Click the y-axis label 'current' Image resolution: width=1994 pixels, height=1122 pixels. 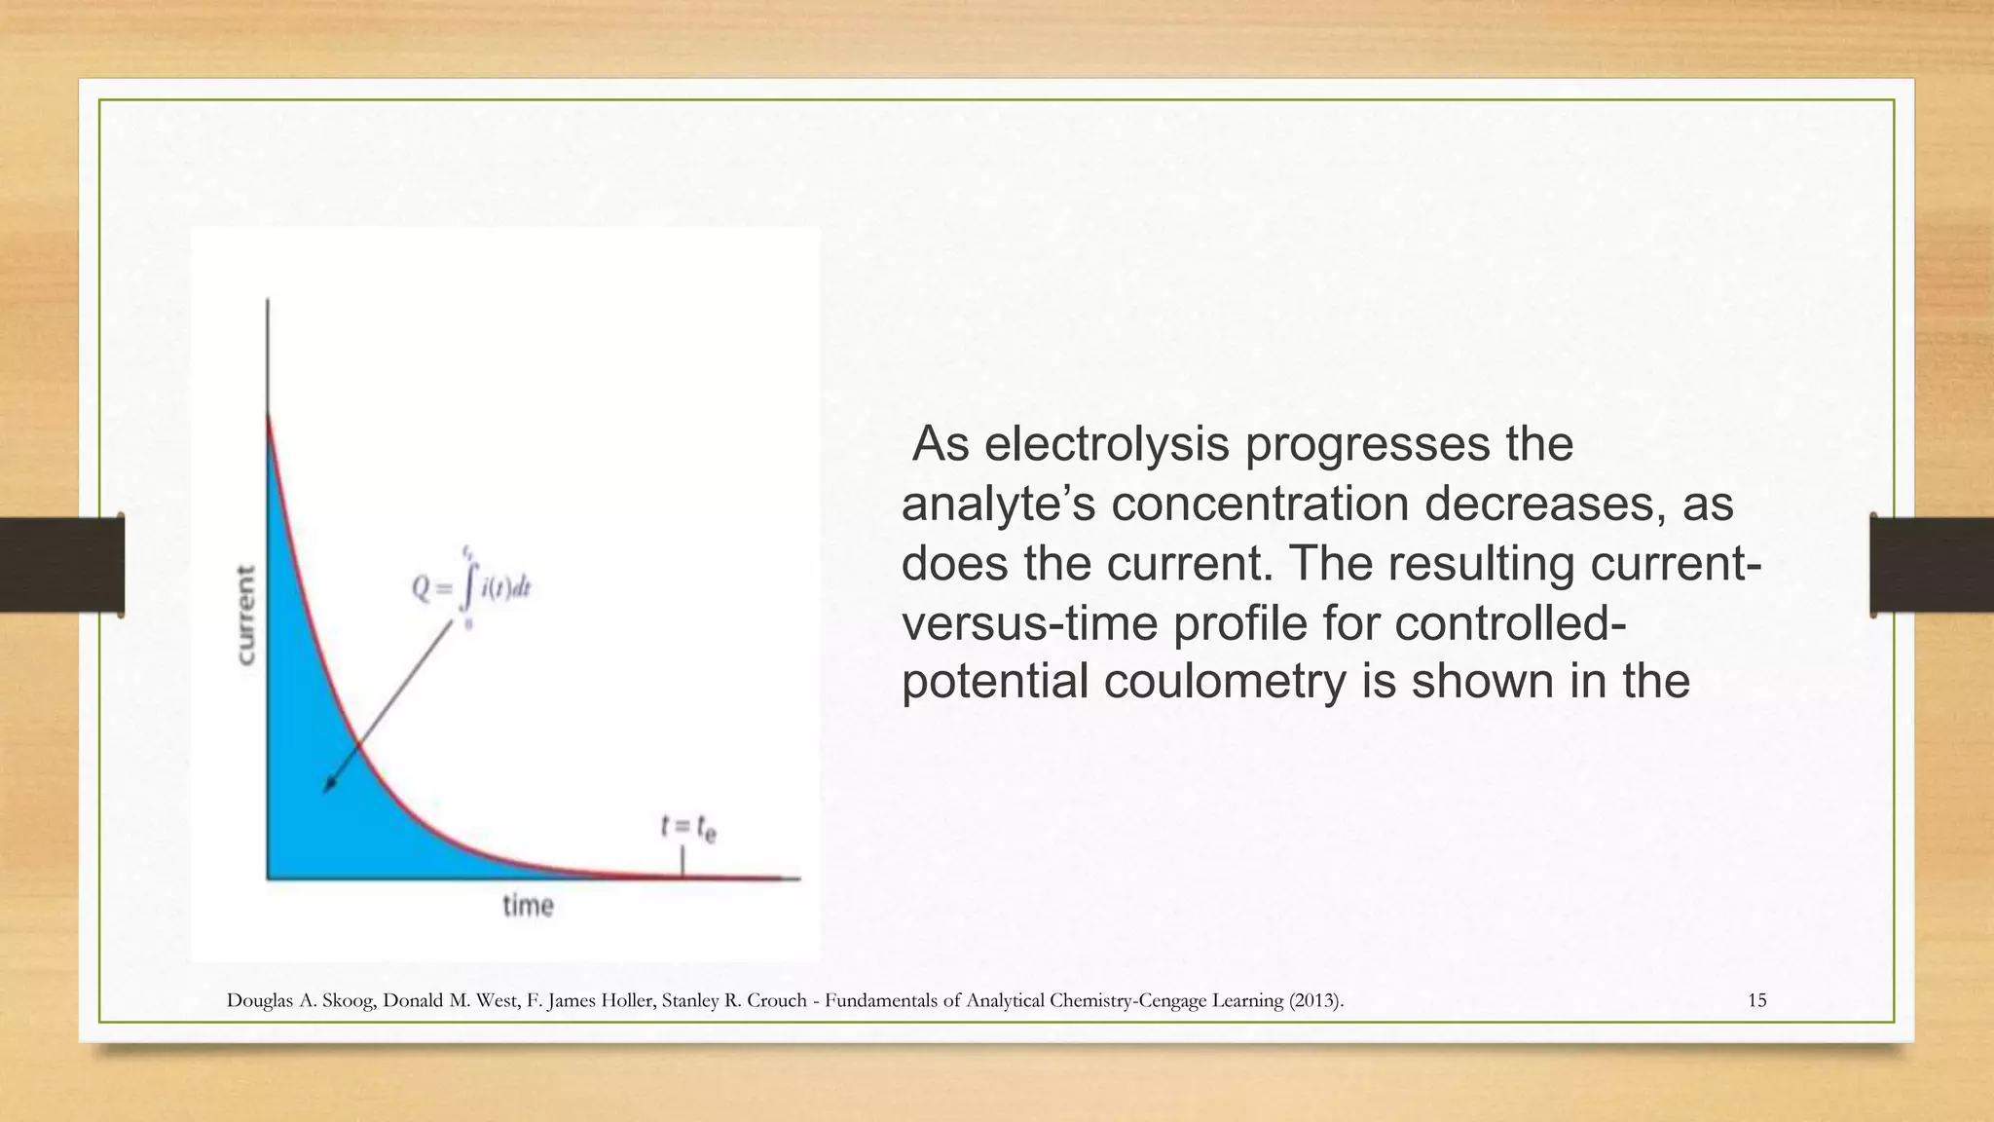(246, 615)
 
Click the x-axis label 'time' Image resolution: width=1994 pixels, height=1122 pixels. (528, 906)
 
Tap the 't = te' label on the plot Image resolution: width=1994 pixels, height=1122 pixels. (688, 827)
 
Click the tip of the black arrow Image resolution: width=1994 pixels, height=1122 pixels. (326, 791)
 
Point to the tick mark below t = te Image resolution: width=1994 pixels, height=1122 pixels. (683, 862)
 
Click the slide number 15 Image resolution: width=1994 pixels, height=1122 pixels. (1756, 1000)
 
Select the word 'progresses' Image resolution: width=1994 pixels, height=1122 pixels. (1367, 444)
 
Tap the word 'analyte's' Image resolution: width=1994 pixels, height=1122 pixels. (999, 505)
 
